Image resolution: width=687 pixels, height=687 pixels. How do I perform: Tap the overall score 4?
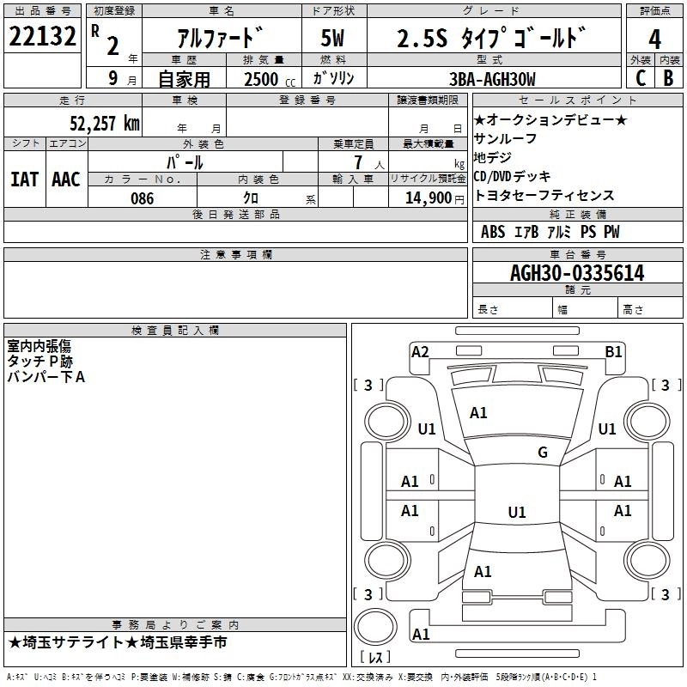(x=654, y=39)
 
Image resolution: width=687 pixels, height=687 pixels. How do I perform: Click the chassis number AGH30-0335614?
(x=577, y=273)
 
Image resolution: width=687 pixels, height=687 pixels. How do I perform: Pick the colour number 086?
(x=142, y=198)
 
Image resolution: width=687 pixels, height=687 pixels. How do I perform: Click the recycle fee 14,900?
(x=425, y=198)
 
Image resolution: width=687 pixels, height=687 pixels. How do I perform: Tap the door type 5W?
(x=334, y=39)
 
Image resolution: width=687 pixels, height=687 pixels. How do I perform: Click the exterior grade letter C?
(x=640, y=78)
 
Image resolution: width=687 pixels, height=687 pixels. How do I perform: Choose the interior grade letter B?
(x=668, y=78)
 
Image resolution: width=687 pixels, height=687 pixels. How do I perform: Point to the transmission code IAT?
(x=24, y=179)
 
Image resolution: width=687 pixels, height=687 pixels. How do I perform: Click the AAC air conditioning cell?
(x=65, y=179)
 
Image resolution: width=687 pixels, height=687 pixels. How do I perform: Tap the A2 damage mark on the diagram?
(x=420, y=351)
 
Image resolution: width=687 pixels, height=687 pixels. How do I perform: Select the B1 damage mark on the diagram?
(x=613, y=351)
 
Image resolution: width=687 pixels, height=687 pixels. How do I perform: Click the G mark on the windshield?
(x=542, y=453)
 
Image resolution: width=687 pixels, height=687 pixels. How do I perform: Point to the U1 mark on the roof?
(x=516, y=513)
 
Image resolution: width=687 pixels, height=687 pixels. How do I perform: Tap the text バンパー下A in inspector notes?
(x=46, y=377)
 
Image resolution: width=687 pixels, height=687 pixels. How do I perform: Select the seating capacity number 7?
(x=355, y=161)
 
